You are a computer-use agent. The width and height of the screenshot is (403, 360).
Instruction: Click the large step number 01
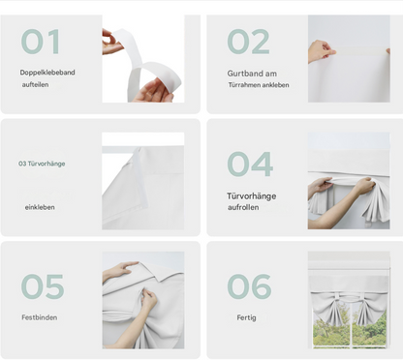tap(41, 42)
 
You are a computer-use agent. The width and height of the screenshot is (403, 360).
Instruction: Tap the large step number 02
tap(248, 42)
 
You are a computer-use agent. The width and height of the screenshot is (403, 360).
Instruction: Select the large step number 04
tap(250, 164)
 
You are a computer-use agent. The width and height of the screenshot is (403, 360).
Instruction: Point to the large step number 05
tap(43, 286)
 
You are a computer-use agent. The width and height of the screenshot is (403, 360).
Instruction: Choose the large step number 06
tap(249, 286)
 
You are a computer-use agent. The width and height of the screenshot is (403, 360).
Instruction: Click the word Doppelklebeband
tap(47, 73)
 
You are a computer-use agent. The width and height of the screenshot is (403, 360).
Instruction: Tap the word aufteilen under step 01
tap(35, 85)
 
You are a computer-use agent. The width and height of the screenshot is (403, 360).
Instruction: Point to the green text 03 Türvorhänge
tap(42, 164)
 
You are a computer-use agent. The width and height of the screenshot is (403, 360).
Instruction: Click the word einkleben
tap(40, 207)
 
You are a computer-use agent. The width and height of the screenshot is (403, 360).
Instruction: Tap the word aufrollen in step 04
tap(243, 207)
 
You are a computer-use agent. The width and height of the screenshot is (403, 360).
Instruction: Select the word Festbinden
tap(40, 317)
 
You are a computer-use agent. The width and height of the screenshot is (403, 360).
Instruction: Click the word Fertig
tap(246, 317)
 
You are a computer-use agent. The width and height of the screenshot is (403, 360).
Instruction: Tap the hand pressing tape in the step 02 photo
tap(321, 51)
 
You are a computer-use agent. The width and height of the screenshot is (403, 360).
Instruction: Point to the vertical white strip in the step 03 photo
tap(139, 177)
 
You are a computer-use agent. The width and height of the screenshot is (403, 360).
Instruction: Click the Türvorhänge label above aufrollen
tap(251, 196)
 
